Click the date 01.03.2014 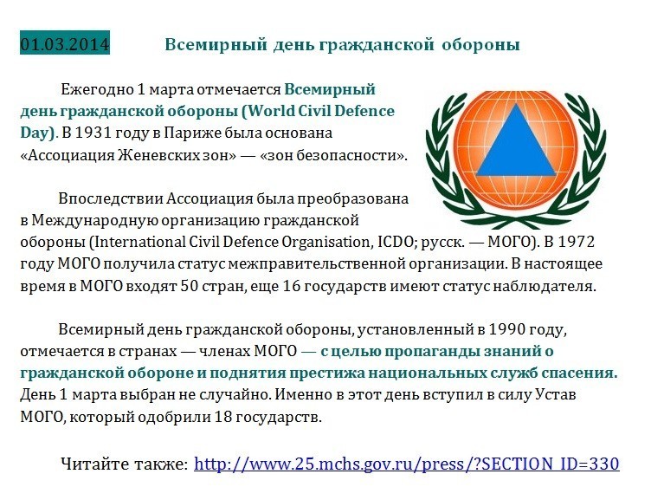65,43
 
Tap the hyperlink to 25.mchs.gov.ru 407,464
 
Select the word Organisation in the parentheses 325,243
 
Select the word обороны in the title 480,44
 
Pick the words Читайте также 124,464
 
